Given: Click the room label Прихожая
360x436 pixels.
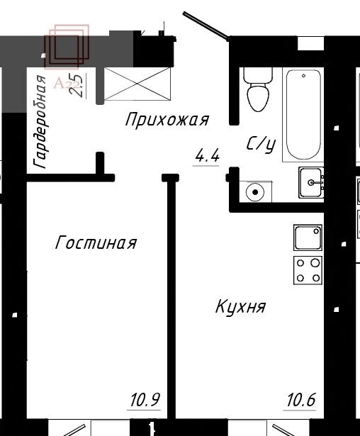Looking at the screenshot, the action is (167, 120).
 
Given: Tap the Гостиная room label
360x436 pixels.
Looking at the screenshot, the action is (96, 242).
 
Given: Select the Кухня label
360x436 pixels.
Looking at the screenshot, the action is (241, 307).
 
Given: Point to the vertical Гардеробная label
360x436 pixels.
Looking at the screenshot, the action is (40, 122).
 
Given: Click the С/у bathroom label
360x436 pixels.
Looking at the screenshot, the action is (261, 145).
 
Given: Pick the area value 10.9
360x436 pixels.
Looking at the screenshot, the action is (145, 400).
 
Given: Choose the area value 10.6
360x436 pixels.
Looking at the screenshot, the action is (301, 400).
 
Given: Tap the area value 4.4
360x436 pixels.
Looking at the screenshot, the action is (208, 156).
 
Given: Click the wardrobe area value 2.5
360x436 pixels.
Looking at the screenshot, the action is (77, 85).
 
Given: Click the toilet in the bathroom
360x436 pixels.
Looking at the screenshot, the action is (258, 89).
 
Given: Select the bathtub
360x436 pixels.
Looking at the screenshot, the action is (303, 114).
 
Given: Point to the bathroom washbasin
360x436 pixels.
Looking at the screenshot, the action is (311, 182).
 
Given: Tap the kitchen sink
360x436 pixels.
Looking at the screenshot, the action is (308, 237).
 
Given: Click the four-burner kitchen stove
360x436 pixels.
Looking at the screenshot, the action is (308, 270).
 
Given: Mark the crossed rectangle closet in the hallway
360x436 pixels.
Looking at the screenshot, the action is (137, 84).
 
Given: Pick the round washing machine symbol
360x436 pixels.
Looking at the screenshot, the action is (255, 192).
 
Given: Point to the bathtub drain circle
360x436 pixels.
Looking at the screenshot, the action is (303, 76).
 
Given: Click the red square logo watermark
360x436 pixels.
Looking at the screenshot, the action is (67, 47).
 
